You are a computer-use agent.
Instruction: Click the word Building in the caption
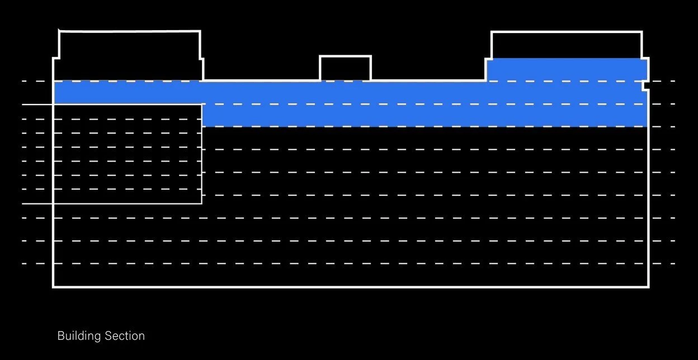click(x=78, y=336)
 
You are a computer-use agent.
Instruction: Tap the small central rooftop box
click(x=345, y=68)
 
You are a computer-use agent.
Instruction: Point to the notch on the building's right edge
click(x=645, y=86)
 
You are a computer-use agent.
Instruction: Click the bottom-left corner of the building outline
click(x=54, y=287)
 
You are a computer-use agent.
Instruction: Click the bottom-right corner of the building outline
click(x=648, y=287)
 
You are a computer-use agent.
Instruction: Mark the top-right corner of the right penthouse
click(x=642, y=32)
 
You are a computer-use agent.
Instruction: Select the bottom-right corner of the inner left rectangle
click(x=201, y=203)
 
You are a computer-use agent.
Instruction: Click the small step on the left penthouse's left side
click(x=56, y=58)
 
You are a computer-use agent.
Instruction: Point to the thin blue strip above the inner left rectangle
click(x=128, y=92)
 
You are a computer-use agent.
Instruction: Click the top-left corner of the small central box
click(x=320, y=56)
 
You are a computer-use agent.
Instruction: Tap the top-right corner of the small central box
click(x=370, y=56)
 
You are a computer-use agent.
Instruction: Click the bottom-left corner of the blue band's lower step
click(x=202, y=126)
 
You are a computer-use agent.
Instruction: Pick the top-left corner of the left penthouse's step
click(x=54, y=58)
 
